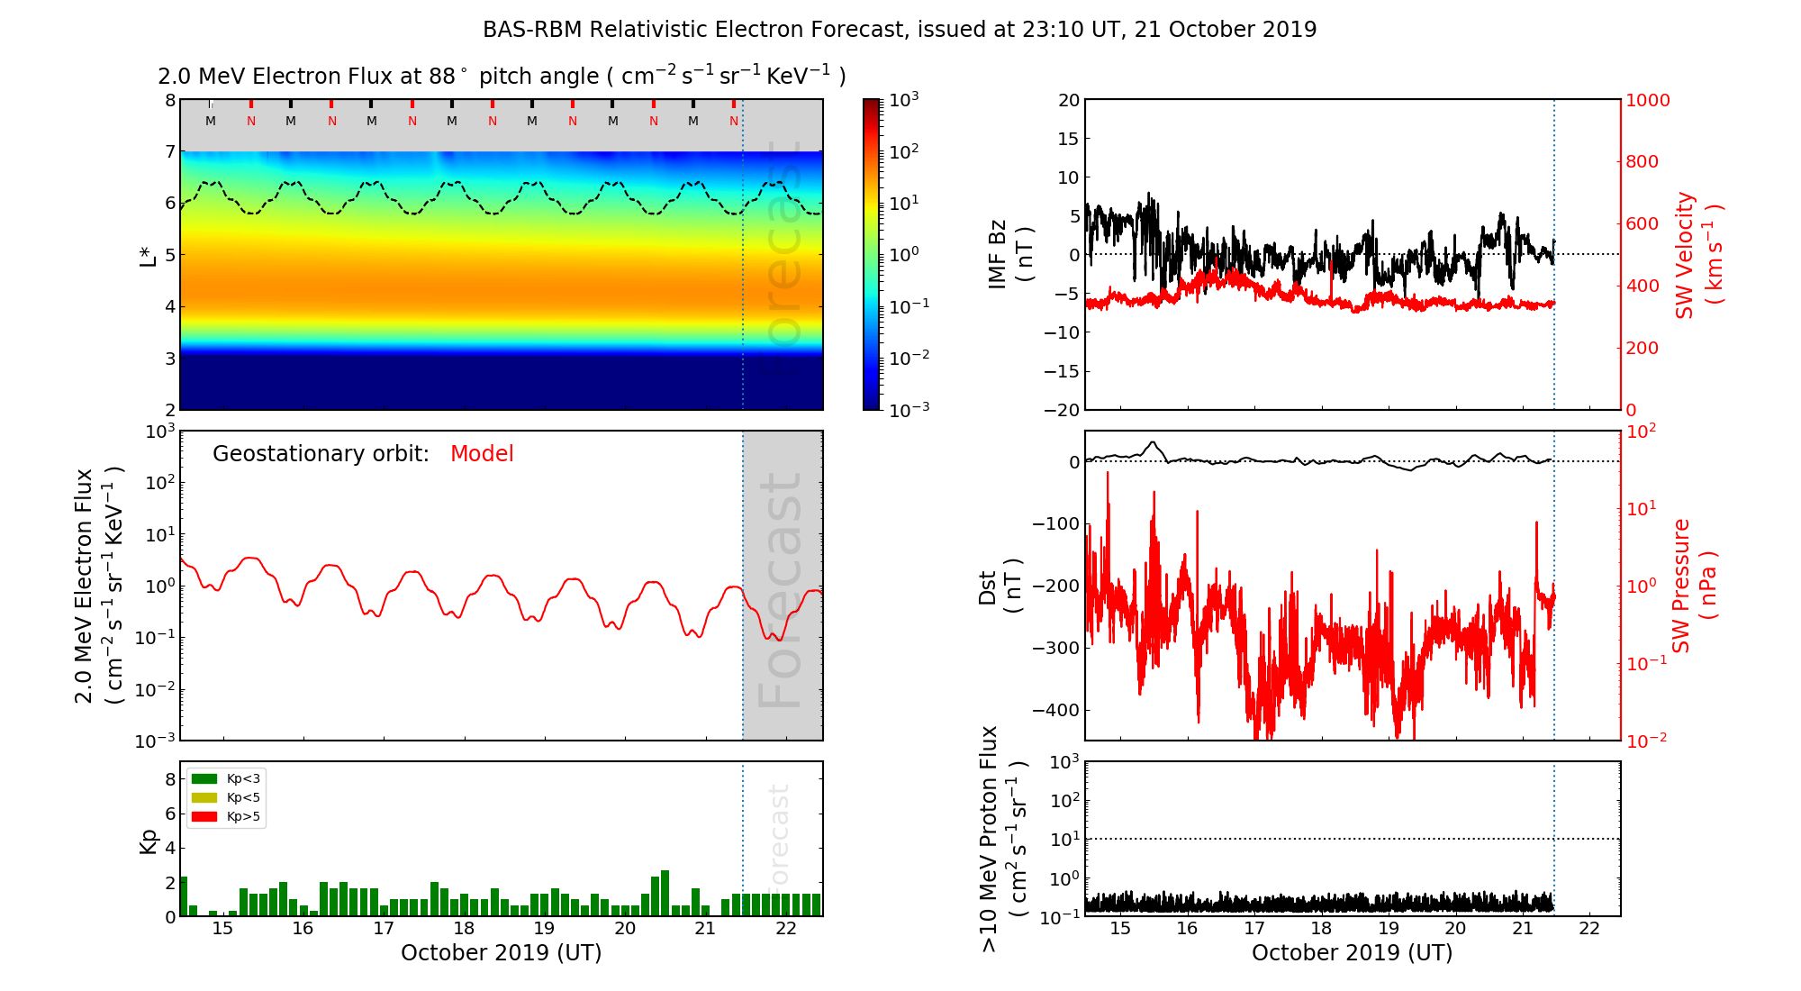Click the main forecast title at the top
tap(900, 30)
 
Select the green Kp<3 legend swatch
tap(204, 778)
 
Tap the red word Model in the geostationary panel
tap(482, 454)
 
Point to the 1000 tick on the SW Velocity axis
tap(1647, 100)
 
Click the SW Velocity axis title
tap(1697, 255)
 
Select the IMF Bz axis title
tap(1010, 255)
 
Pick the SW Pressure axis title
tap(1694, 586)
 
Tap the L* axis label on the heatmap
tap(148, 255)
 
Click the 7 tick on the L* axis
tap(169, 151)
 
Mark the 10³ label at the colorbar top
tap(903, 100)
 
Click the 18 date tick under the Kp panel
tap(464, 929)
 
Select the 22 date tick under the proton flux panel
tap(1589, 929)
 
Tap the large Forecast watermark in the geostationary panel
tap(781, 590)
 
